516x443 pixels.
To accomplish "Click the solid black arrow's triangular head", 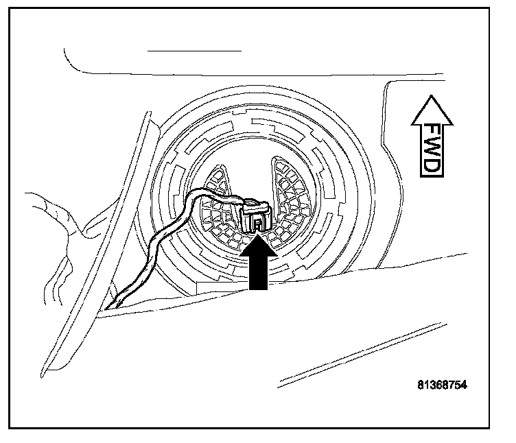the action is tap(258, 246).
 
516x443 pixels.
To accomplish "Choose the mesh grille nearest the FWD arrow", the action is tap(292, 199).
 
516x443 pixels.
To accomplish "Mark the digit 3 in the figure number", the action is tap(430, 385).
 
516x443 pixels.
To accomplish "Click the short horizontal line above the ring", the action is tap(195, 51).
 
